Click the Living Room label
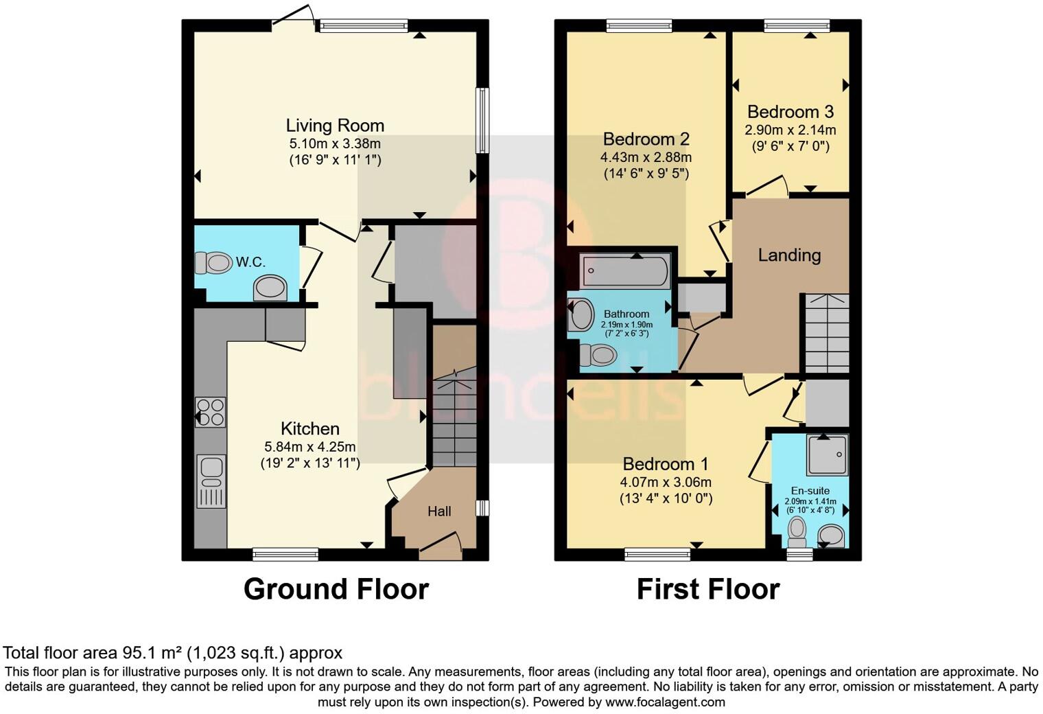click(335, 126)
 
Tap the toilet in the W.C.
click(213, 262)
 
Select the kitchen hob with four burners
click(210, 412)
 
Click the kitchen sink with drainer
click(211, 481)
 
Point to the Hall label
click(439, 511)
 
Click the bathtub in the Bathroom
click(624, 271)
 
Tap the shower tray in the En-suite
click(828, 454)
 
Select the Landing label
click(789, 255)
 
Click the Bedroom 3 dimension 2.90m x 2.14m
click(790, 130)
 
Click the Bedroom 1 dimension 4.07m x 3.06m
click(666, 482)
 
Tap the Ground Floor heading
click(336, 590)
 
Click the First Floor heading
click(708, 590)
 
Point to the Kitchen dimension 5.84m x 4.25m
click(310, 447)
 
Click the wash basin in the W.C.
click(270, 288)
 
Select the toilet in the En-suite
click(797, 529)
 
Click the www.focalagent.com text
click(665, 702)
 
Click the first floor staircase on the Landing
click(827, 334)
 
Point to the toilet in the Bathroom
click(597, 355)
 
